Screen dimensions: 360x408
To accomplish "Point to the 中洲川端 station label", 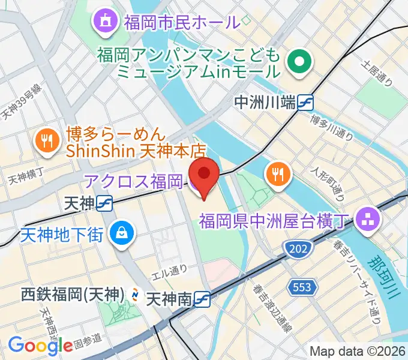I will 265,103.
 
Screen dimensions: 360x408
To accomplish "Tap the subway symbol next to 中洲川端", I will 306,103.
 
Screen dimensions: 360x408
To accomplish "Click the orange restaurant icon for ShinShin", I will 47,141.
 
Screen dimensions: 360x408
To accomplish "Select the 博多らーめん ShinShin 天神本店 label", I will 136,141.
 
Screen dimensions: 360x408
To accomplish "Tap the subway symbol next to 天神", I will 105,204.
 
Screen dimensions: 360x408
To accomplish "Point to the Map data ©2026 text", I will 357,351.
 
